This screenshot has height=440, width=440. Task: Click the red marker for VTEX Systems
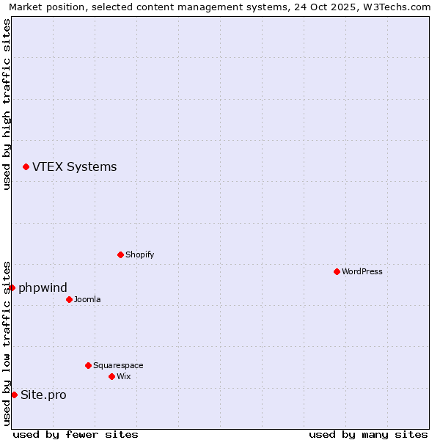pos(26,167)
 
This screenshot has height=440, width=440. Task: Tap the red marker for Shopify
pos(120,254)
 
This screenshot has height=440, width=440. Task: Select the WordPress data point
pos(337,271)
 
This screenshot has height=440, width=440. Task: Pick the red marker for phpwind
pos(12,287)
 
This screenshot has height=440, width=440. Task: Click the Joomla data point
pos(69,299)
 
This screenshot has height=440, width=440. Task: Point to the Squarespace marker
pos(88,365)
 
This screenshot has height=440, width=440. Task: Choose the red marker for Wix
pos(111,376)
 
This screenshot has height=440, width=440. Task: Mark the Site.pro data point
pos(14,395)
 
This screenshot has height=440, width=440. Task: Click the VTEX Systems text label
pos(74,166)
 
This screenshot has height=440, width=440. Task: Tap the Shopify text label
pos(139,254)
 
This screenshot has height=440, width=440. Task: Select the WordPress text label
pos(362,271)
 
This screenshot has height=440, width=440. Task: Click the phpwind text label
pos(43,287)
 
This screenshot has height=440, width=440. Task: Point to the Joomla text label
pos(87,299)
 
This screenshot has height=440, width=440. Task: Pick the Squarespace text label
pos(118,365)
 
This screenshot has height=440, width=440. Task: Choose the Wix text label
pos(123,376)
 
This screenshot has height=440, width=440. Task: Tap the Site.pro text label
pos(43,395)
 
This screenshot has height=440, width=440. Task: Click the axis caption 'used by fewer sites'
pos(76,434)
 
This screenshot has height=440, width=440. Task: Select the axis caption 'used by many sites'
pos(368,434)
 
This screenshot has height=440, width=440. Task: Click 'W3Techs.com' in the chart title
pos(397,7)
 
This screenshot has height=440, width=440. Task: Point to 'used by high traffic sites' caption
pos(7,104)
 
